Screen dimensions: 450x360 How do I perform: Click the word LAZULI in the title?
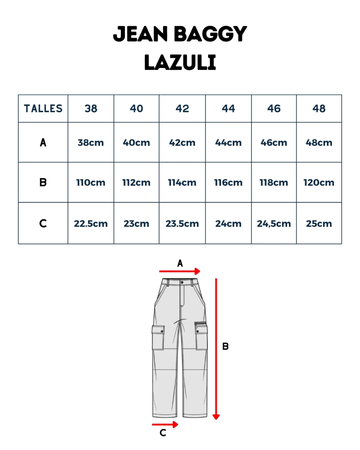pos(180,63)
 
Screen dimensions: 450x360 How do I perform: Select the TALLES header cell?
pos(43,109)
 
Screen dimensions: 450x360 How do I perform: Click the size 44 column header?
pos(228,109)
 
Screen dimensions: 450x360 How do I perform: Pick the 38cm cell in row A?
pos(91,143)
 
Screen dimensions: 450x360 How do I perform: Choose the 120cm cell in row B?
pos(319,183)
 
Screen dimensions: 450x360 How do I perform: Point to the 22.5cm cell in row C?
pos(91,224)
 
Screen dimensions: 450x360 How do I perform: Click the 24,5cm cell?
pos(274,224)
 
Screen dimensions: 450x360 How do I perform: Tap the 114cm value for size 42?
pos(182,183)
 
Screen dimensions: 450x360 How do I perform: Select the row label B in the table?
pos(43,183)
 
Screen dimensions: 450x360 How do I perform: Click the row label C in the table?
pos(43,224)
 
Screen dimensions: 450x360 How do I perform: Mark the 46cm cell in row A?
pos(274,143)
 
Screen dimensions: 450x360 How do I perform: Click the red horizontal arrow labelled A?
pos(180,271)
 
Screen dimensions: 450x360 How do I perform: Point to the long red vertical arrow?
pos(216,348)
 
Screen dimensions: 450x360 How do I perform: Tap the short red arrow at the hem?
pos(165,425)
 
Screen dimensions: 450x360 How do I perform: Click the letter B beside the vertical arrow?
pos(225,347)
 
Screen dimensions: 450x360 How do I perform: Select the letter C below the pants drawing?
pos(163,433)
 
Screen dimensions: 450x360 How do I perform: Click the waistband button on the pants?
pos(182,282)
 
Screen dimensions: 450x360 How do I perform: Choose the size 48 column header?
pos(319,109)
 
